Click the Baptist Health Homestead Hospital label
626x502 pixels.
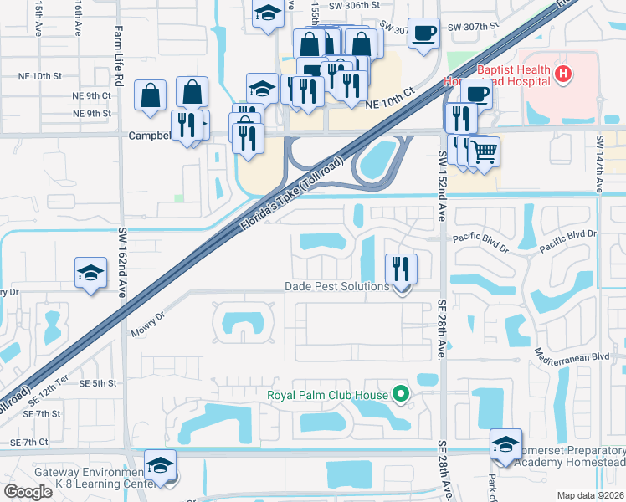coord(512,75)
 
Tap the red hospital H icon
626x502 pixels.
coord(564,74)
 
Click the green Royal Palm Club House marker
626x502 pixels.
coord(401,395)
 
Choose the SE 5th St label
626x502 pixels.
coord(98,383)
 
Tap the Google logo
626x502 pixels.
coord(28,492)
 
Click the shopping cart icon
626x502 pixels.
coord(484,151)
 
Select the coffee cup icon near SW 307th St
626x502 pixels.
coord(423,33)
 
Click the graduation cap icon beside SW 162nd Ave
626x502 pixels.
coord(90,274)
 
